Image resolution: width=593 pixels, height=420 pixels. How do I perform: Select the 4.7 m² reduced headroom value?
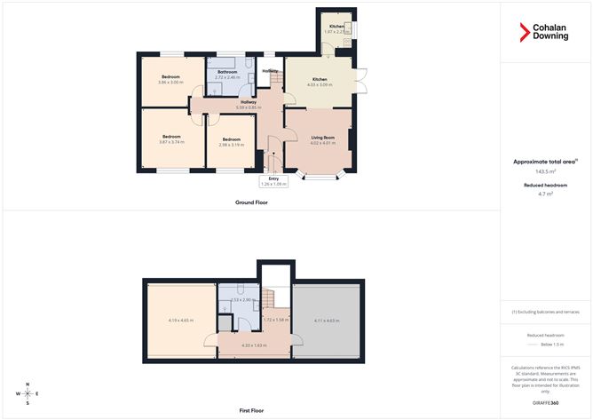[545, 193]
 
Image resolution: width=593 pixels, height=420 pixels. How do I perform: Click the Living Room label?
[322, 138]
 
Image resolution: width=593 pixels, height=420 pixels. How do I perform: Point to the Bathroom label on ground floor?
[227, 72]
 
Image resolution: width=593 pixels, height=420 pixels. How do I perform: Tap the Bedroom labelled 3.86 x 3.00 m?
[170, 83]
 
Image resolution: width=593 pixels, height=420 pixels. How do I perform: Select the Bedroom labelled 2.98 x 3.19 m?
[231, 142]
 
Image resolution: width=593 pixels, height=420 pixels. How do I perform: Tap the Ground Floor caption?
[251, 202]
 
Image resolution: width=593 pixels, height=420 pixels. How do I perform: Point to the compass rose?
[28, 392]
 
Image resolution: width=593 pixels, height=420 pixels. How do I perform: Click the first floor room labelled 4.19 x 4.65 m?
[181, 321]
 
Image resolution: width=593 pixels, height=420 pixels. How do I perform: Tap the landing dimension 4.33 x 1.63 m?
[254, 345]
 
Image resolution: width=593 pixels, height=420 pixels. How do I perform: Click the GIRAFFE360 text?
[545, 402]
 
